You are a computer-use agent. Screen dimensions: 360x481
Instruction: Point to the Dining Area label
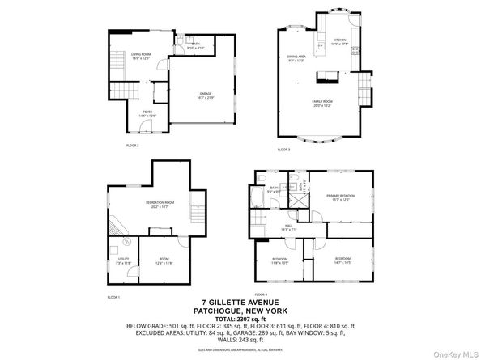click(296, 57)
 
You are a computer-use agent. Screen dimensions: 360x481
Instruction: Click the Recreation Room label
click(157, 203)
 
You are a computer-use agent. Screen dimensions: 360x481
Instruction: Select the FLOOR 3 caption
click(283, 150)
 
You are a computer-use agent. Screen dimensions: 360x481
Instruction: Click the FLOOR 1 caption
click(113, 298)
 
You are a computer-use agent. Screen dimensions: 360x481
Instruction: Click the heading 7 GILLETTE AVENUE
click(240, 303)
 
